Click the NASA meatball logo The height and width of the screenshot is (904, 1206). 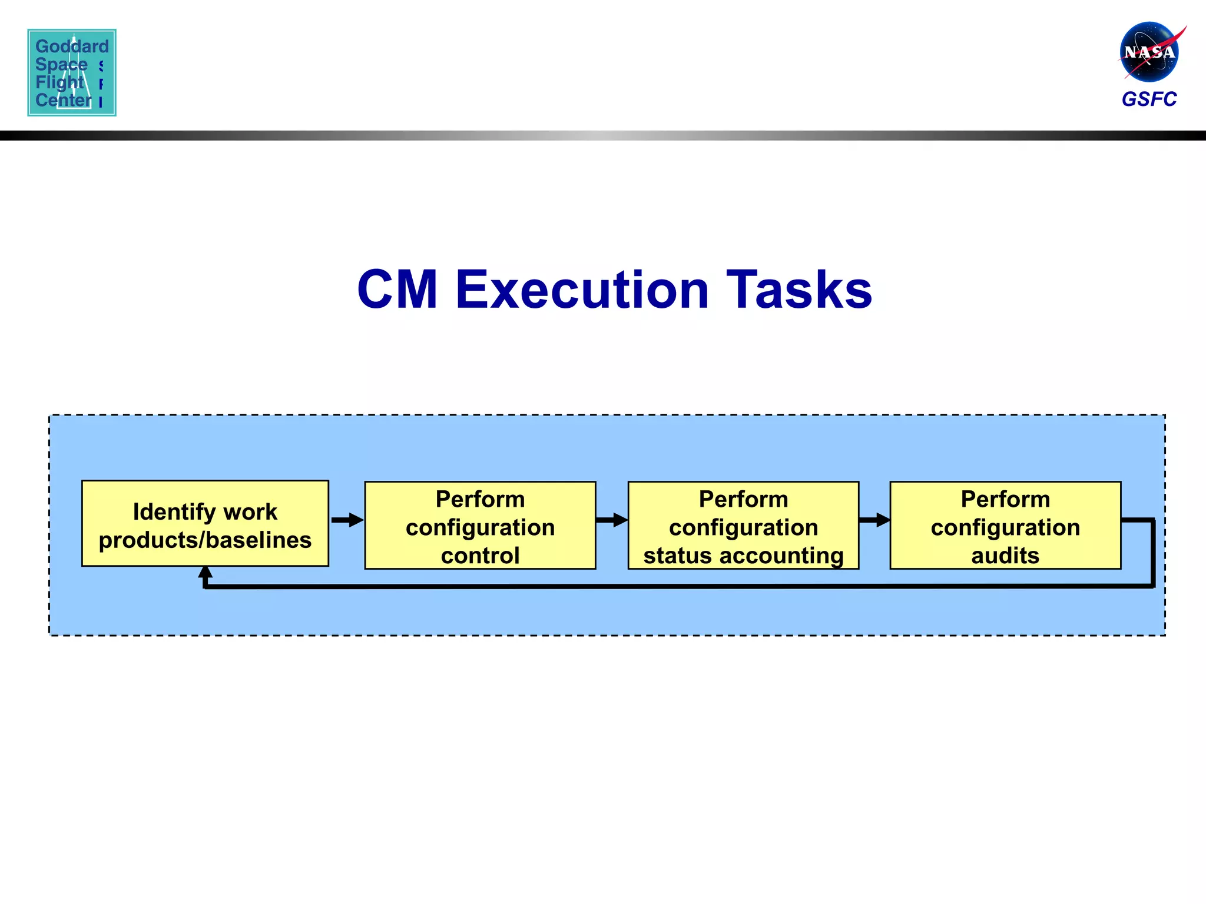[x=1149, y=52]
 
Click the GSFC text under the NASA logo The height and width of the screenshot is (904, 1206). [x=1149, y=99]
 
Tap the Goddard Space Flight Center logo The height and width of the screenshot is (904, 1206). [x=72, y=72]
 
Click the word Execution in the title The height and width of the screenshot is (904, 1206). [x=582, y=290]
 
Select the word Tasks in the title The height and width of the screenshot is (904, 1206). [x=799, y=290]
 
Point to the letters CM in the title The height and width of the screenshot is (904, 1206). [x=397, y=290]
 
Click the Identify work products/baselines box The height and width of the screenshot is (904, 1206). [x=205, y=524]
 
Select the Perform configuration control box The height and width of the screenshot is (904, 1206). [x=480, y=526]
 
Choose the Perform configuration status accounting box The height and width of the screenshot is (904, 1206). [x=743, y=526]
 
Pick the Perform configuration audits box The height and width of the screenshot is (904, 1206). [x=1005, y=526]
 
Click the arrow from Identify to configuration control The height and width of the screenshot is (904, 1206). [x=347, y=520]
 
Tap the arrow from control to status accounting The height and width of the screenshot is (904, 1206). [x=612, y=520]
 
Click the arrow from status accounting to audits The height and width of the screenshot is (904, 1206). [x=874, y=520]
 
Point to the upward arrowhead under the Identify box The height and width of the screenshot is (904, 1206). [x=205, y=573]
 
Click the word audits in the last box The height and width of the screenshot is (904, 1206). [x=1005, y=556]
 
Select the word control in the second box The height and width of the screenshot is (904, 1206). [x=480, y=556]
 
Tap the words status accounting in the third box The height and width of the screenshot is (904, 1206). [x=743, y=556]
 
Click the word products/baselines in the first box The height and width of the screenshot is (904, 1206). [x=205, y=540]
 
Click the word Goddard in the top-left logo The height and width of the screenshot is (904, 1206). [x=72, y=46]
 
